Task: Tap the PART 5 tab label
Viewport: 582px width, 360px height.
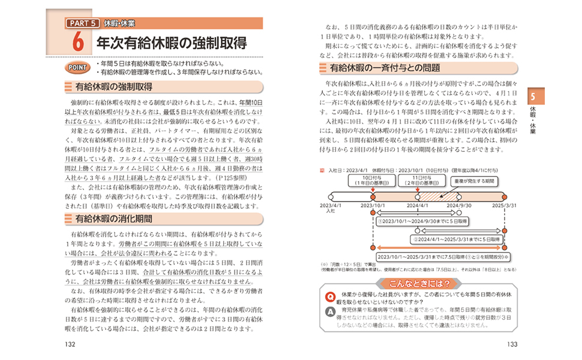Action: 80,24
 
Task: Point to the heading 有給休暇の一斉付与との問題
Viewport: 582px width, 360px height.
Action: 384,68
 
